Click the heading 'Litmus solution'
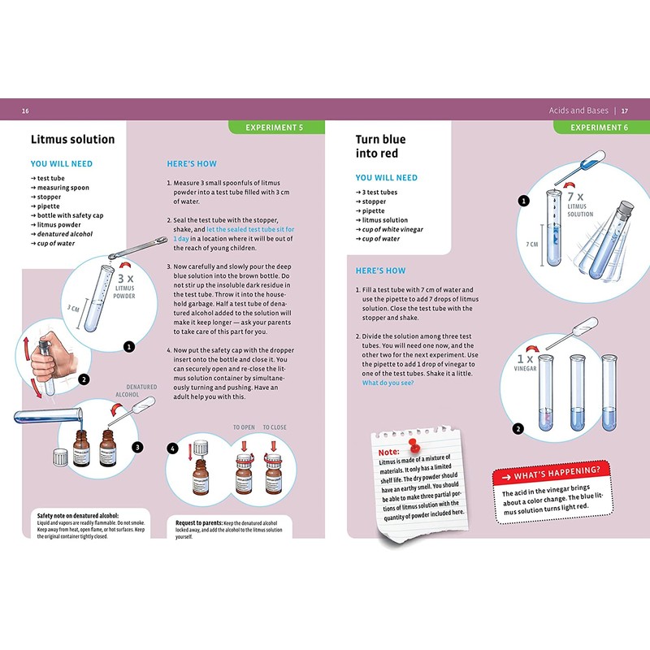[x=72, y=139]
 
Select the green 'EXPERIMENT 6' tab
[x=599, y=127]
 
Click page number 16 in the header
[x=26, y=110]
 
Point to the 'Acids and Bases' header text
[x=577, y=110]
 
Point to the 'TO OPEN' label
[x=244, y=427]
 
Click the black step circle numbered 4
[x=172, y=448]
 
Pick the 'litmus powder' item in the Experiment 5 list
[x=59, y=224]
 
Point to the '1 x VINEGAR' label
[x=529, y=362]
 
